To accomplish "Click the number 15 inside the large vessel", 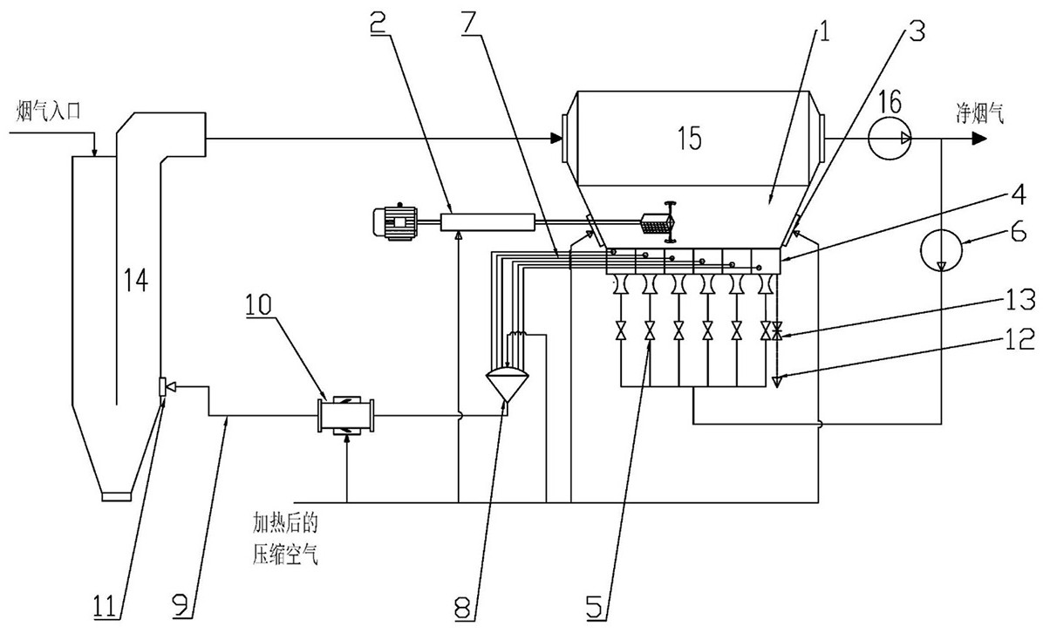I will coord(689,139).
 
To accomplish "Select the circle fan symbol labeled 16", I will coord(890,137).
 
